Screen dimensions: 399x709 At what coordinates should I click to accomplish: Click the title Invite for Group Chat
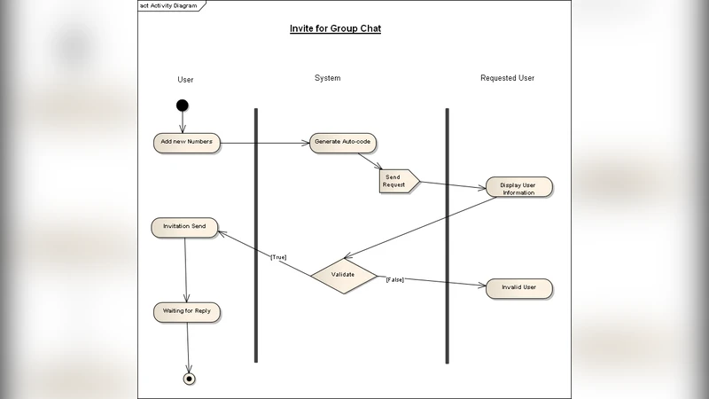click(335, 28)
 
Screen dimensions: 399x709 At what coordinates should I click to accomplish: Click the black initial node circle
click(183, 106)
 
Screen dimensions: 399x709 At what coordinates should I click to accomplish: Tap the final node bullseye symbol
click(189, 379)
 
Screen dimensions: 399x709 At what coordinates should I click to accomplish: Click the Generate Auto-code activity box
click(342, 142)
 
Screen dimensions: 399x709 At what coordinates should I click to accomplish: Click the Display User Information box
click(518, 188)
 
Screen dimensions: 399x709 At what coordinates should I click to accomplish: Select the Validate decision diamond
click(344, 275)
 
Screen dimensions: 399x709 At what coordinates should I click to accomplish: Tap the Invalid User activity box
click(518, 288)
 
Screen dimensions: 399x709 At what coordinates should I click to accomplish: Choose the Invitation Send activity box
click(184, 227)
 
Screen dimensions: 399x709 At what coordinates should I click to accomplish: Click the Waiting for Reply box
click(186, 312)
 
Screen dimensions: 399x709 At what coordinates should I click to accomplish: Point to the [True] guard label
click(278, 257)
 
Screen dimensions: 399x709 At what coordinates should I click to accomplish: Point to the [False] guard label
click(394, 280)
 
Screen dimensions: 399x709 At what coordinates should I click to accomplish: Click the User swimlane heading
click(185, 80)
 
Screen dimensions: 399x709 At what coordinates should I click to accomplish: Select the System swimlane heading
click(327, 78)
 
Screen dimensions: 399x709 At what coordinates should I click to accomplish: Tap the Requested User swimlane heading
click(507, 78)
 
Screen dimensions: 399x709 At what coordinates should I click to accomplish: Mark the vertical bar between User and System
click(255, 235)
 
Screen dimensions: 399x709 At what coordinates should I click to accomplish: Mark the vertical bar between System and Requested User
click(447, 235)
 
